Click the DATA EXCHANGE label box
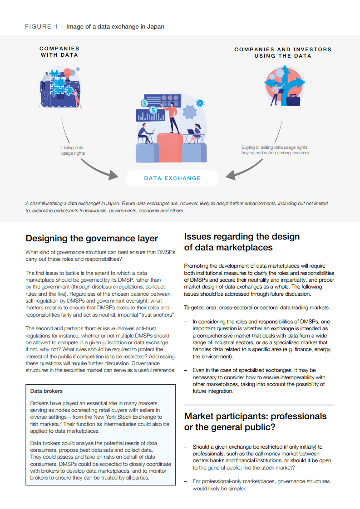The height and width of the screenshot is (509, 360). [172, 178]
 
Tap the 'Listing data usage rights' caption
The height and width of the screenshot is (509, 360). [73, 150]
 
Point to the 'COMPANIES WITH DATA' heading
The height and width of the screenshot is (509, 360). [59, 51]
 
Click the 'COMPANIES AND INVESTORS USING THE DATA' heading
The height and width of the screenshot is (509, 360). [283, 52]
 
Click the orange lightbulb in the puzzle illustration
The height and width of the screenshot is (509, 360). [68, 73]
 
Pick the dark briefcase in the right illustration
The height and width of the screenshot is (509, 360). [292, 99]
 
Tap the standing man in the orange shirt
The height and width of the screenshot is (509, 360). [173, 118]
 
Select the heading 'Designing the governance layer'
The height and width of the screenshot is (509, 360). [92, 238]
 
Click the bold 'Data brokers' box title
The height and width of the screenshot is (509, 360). [46, 391]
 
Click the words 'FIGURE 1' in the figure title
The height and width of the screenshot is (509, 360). [41, 27]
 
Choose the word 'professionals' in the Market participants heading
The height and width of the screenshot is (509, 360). [297, 416]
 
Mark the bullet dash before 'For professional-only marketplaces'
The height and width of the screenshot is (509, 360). [186, 481]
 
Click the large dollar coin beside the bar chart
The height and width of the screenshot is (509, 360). [153, 109]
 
